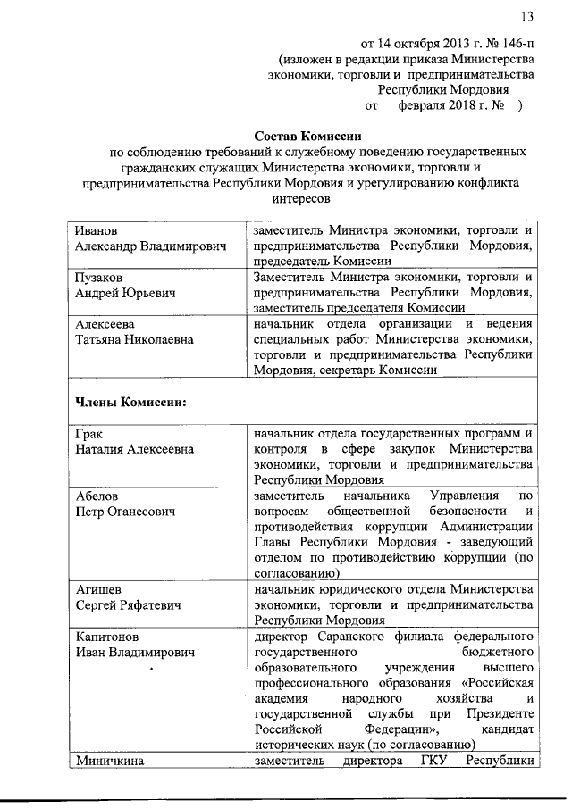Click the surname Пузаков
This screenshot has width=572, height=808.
pyautogui.click(x=100, y=278)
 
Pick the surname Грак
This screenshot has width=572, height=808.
pyautogui.click(x=89, y=434)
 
